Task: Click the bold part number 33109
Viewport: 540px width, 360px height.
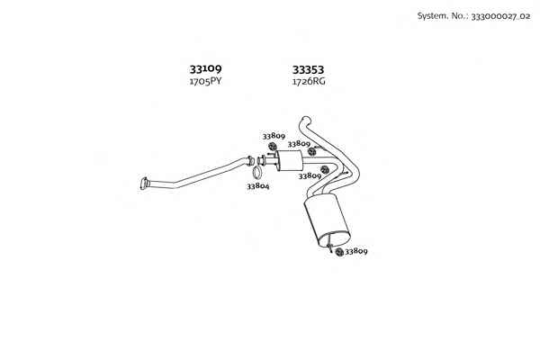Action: click(x=205, y=69)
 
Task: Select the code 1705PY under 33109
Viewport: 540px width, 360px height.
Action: click(x=205, y=82)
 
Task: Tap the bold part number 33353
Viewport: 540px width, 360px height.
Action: click(x=308, y=70)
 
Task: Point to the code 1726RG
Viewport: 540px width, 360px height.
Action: click(x=309, y=82)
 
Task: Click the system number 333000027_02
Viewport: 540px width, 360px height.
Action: click(x=500, y=16)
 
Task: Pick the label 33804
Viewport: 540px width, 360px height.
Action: click(x=258, y=186)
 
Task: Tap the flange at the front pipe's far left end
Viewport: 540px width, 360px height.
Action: click(x=144, y=184)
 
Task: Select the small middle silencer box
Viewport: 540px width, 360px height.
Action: click(x=289, y=161)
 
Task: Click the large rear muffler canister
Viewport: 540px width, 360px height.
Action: click(x=327, y=220)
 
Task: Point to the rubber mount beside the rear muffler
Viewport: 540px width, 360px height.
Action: click(x=339, y=252)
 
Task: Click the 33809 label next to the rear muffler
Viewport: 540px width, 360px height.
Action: click(x=356, y=251)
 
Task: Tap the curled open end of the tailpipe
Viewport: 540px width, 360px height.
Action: click(x=305, y=121)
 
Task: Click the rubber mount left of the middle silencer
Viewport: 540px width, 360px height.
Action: click(x=272, y=146)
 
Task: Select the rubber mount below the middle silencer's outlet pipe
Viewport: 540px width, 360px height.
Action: click(x=324, y=169)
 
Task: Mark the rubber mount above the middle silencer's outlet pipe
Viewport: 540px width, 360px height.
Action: click(x=312, y=151)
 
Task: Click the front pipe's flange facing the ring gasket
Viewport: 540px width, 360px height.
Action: click(x=250, y=161)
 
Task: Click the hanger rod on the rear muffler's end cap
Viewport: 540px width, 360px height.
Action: click(x=329, y=242)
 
